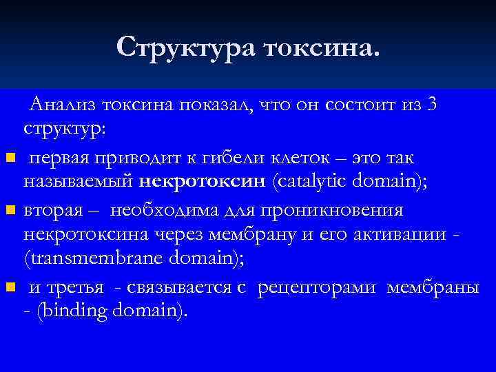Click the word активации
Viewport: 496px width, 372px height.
400,234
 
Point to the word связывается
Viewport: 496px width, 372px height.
179,287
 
